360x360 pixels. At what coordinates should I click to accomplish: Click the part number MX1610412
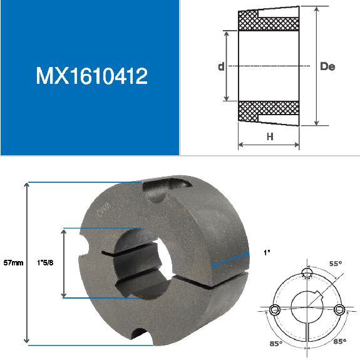[x=91, y=76]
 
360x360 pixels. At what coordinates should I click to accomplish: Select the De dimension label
[x=327, y=66]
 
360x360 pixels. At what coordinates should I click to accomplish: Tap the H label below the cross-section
[x=270, y=136]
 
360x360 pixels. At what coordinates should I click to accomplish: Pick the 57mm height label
[x=13, y=262]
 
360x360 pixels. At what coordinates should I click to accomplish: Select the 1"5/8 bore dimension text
[x=48, y=262]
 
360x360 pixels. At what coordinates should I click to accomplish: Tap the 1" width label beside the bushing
[x=266, y=253]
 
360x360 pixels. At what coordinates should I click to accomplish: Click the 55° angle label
[x=336, y=264]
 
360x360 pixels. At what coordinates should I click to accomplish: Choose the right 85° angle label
[x=340, y=341]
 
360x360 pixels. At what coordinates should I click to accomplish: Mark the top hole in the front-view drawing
[x=306, y=272]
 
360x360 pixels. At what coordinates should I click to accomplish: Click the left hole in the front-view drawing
[x=274, y=309]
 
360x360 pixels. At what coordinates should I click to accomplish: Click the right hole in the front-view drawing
[x=339, y=309]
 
